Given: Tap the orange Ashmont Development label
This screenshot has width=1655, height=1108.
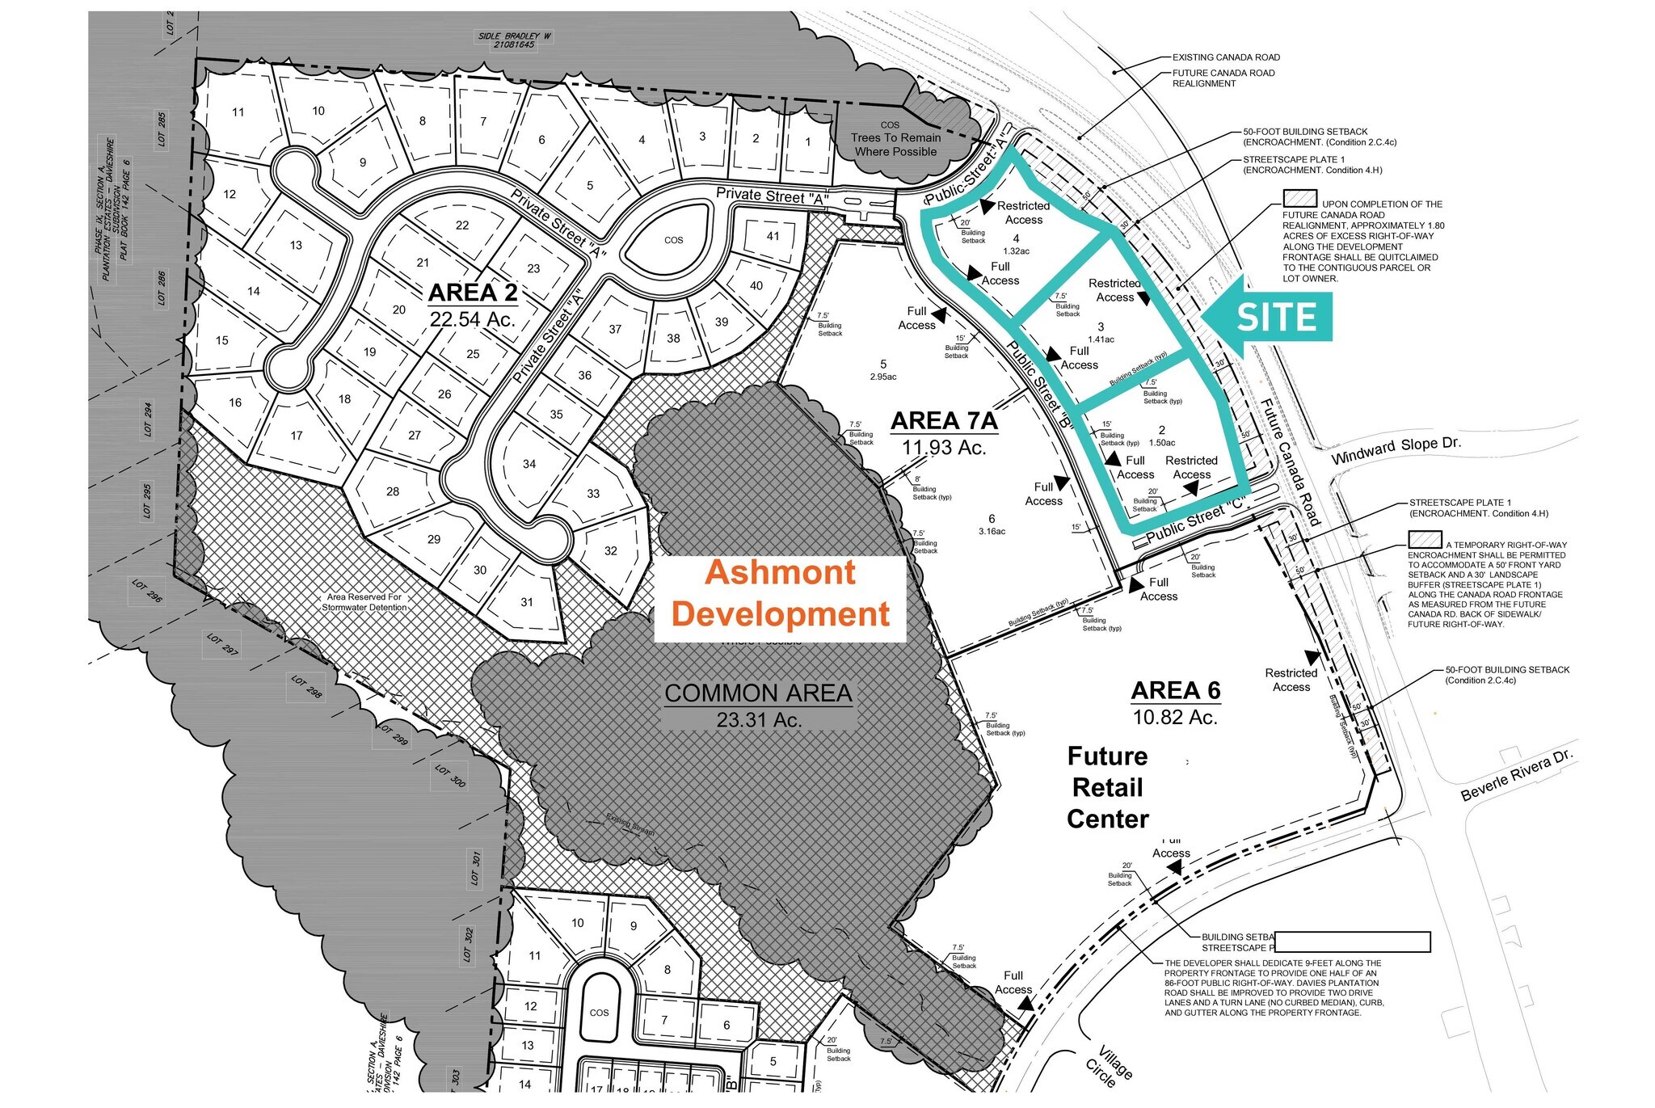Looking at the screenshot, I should click(x=780, y=593).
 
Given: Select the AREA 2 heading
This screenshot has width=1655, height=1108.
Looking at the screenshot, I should click(x=473, y=293).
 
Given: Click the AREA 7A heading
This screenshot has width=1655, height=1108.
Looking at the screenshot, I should click(x=944, y=421).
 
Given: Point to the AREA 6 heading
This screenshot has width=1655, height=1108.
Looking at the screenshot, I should click(x=1175, y=691).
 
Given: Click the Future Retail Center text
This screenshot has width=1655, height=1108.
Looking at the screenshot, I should click(x=1107, y=787).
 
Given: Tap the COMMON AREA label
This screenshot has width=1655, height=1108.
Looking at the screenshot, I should click(x=758, y=693).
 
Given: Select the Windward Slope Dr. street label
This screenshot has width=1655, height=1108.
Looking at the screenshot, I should click(x=1396, y=450).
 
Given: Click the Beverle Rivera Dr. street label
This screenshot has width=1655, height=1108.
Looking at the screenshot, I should click(x=1517, y=774).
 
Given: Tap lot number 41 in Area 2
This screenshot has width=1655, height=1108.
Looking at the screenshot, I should click(x=773, y=236).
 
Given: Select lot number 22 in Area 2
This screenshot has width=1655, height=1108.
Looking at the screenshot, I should click(x=462, y=225).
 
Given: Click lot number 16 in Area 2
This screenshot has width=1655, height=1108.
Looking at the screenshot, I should click(x=235, y=402).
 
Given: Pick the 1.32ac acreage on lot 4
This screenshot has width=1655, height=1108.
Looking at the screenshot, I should click(x=1016, y=251).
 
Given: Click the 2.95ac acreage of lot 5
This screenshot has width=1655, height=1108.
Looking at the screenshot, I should click(x=883, y=377).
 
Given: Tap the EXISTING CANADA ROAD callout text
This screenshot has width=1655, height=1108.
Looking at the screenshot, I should click(x=1226, y=57).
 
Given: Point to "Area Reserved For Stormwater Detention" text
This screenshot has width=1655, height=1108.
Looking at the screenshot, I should click(x=364, y=602).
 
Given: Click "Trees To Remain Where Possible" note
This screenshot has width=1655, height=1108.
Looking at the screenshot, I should click(x=895, y=145).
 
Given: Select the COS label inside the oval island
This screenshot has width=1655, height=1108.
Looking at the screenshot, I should click(x=674, y=240).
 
